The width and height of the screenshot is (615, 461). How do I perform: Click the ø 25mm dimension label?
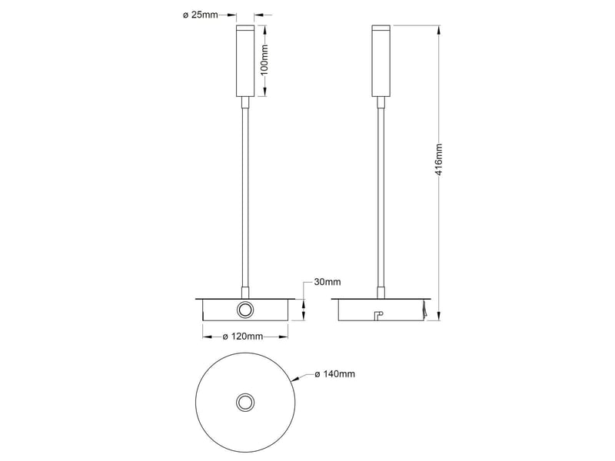pos(201,15)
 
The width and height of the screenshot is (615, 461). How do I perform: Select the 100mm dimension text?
pos(264,60)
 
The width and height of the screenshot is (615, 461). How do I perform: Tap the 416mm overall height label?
pos(438,160)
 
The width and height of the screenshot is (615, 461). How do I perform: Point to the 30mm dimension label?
pos(327,282)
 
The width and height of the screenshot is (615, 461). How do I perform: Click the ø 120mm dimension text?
pos(243,337)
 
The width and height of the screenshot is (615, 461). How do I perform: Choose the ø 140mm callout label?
pos(335,374)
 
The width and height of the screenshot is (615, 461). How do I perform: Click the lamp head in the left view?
pos(245,61)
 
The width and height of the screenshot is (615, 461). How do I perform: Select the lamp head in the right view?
pos(381,61)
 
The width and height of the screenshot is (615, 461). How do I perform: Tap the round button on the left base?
pos(245,310)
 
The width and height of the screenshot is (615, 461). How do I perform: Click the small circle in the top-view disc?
pos(245,403)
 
